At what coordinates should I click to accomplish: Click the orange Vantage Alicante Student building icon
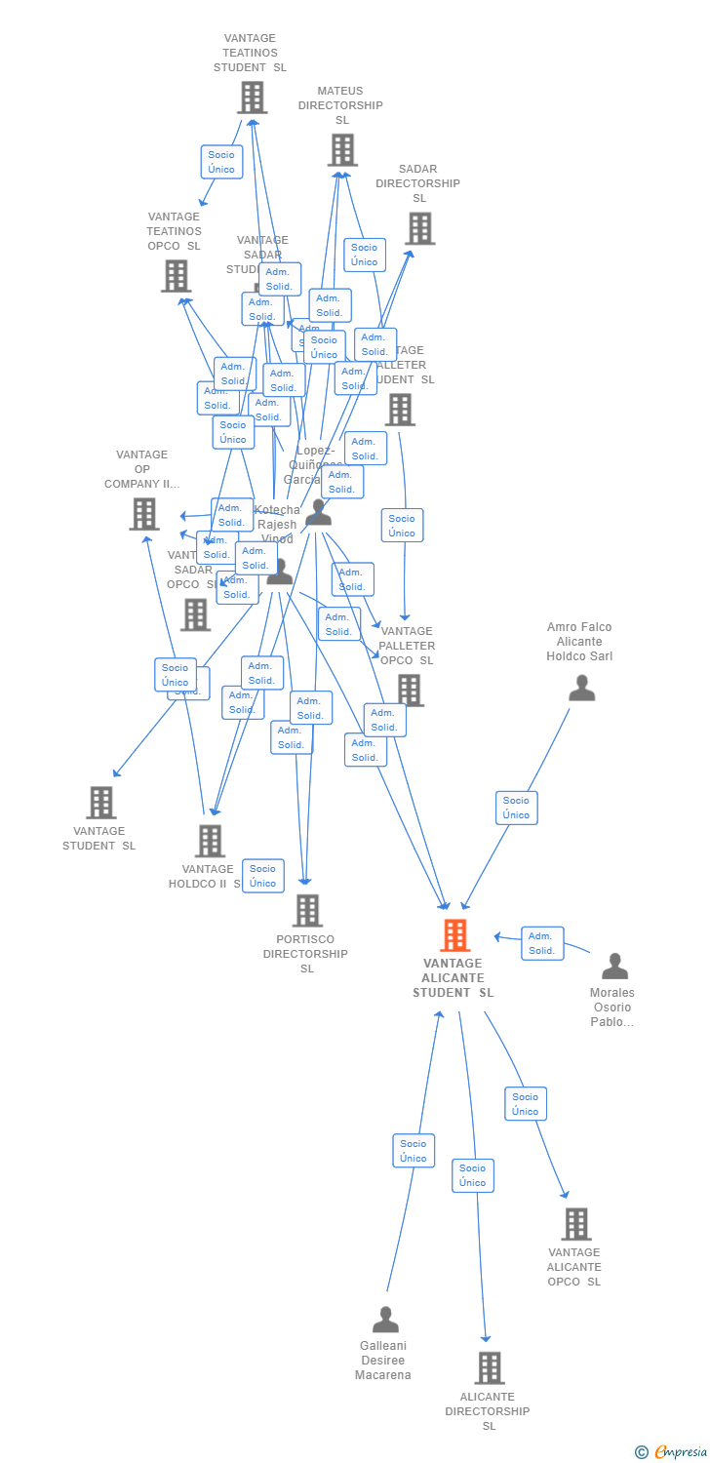[x=454, y=935]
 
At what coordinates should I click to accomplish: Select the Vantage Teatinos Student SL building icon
[x=252, y=98]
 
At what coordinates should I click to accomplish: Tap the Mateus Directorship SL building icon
[x=341, y=150]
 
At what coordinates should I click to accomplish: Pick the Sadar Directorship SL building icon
[x=419, y=228]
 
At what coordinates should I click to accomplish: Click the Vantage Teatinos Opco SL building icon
[x=176, y=276]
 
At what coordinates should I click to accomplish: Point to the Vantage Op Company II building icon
[x=143, y=514]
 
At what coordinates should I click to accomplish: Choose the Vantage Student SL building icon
[x=100, y=803]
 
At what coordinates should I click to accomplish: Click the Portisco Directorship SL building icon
[x=307, y=911]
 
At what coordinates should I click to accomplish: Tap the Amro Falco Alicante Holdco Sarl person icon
[x=581, y=689]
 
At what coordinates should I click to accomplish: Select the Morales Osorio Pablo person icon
[x=614, y=967]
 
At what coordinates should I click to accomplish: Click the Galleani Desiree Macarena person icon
[x=385, y=1320]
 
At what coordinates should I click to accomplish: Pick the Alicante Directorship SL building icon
[x=489, y=1367]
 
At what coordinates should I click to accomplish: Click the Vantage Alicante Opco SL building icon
[x=575, y=1224]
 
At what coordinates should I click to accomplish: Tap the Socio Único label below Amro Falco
[x=516, y=808]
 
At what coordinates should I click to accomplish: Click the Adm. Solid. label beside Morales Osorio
[x=541, y=943]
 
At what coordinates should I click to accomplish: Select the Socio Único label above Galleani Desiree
[x=414, y=1151]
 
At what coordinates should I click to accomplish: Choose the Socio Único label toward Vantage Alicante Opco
[x=525, y=1104]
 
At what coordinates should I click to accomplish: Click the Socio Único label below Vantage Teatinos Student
[x=221, y=162]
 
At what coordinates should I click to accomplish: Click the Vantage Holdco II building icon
[x=210, y=841]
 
